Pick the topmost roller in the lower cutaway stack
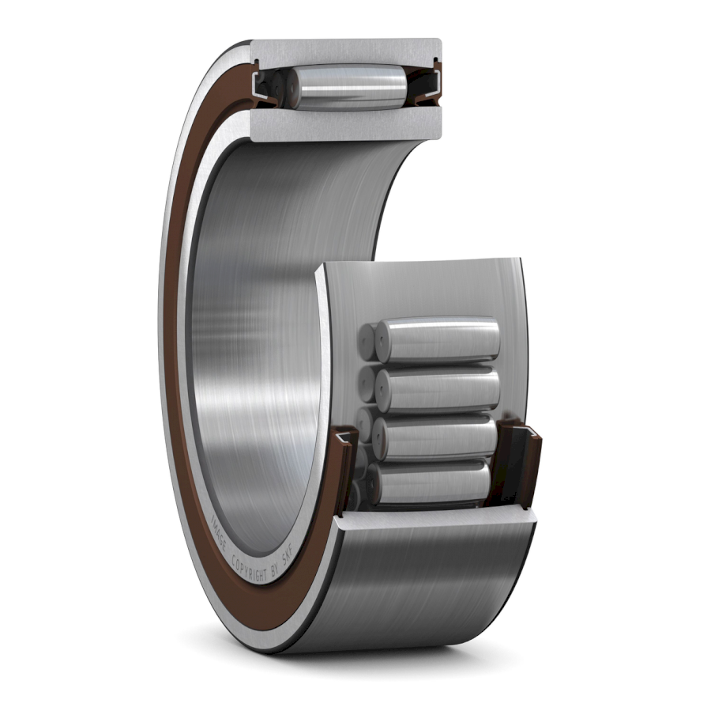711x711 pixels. pos(438,340)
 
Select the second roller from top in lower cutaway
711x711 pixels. pos(439,388)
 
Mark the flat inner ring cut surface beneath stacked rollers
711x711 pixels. pos(434,518)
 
